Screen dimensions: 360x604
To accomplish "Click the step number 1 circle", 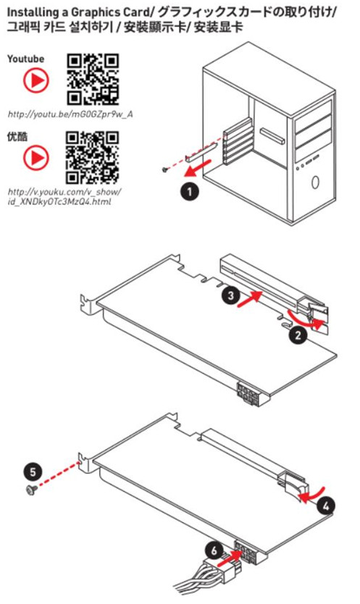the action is (x=189, y=191).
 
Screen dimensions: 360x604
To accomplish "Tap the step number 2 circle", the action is (x=298, y=335).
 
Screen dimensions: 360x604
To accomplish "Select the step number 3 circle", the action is (x=231, y=295).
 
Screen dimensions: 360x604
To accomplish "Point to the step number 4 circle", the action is (x=326, y=506).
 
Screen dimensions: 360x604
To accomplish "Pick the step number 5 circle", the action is (x=33, y=471).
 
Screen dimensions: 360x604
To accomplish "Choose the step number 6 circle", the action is (x=214, y=551).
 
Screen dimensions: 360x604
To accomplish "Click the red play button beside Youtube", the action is (x=36, y=80).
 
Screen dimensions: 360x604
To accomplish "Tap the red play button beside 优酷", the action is (x=36, y=157).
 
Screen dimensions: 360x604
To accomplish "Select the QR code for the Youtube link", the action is (x=93, y=80).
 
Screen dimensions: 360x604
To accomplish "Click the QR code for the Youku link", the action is (x=93, y=158).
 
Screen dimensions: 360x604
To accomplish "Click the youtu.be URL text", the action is (x=70, y=114).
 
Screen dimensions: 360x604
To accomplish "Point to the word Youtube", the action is (x=26, y=59).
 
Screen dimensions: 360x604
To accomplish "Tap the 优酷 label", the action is (x=17, y=136).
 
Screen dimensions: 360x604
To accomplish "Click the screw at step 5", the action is (x=31, y=490).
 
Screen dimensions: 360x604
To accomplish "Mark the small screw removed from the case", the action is (x=165, y=169).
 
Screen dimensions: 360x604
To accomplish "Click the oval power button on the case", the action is (x=315, y=183).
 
